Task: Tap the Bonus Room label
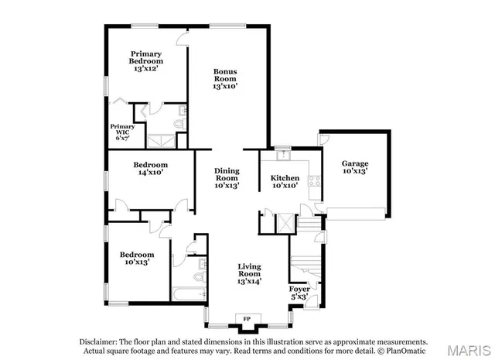[x=225, y=79]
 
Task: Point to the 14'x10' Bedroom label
[x=150, y=169]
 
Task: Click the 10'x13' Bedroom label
[x=136, y=258]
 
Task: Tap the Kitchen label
[x=285, y=182]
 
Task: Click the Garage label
[x=355, y=167]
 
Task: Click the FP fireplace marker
[x=247, y=318]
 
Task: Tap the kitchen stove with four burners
[x=314, y=183]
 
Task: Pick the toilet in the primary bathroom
[x=180, y=122]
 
